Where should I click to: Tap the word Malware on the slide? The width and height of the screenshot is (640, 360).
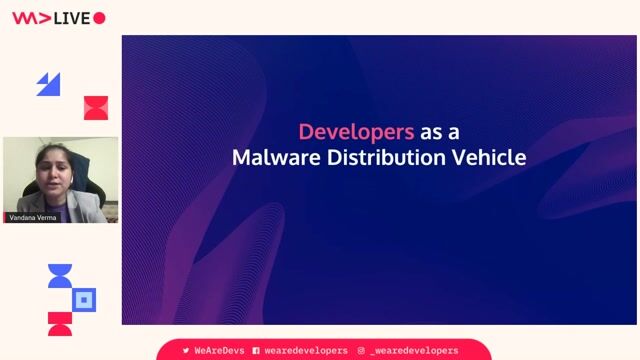(x=273, y=157)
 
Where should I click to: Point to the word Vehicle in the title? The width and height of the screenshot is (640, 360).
(x=490, y=157)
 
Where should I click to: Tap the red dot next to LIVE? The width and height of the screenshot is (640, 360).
(x=99, y=18)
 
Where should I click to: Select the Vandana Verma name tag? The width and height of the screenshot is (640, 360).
(x=33, y=217)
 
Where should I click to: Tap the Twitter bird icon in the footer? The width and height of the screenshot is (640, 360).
(x=185, y=351)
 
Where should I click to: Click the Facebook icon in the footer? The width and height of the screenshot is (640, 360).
(x=256, y=351)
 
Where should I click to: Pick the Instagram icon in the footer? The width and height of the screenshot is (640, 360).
(x=361, y=351)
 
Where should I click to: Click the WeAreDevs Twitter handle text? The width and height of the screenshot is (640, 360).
(x=217, y=351)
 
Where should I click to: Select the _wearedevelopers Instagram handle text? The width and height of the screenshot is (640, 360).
(x=414, y=351)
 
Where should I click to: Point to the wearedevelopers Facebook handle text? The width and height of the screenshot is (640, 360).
(x=306, y=351)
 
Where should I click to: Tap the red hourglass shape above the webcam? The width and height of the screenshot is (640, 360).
(x=95, y=107)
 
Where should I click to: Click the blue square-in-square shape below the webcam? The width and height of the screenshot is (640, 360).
(x=85, y=299)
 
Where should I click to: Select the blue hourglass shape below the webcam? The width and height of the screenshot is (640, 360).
(x=60, y=276)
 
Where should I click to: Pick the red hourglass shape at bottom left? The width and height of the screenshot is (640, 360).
(x=60, y=323)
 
